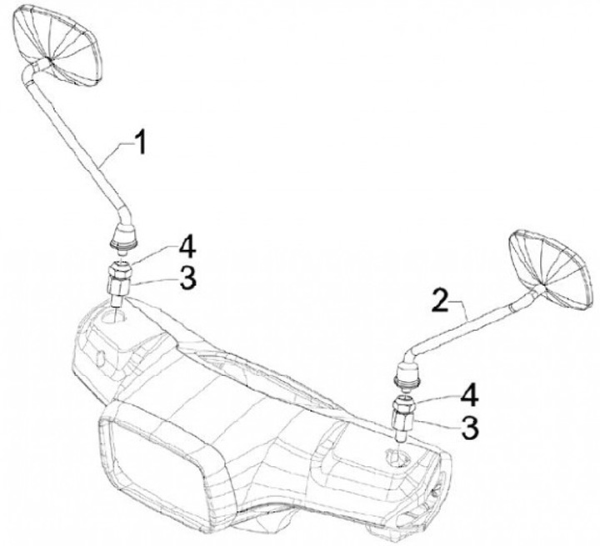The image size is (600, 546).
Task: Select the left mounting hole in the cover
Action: [x=114, y=316]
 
